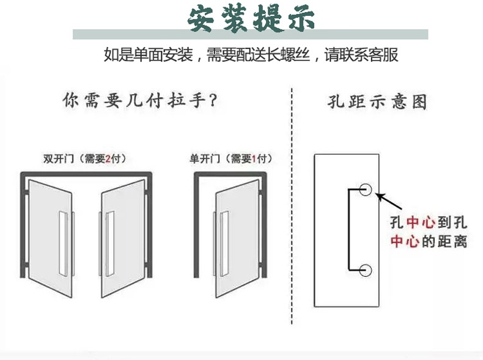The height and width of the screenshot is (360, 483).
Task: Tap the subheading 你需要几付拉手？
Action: [x=141, y=100]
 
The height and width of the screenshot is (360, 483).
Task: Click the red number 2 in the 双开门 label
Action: [x=108, y=159]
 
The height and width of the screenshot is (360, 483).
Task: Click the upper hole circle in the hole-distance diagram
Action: [x=366, y=189]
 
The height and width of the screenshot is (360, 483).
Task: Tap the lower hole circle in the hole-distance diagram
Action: [x=366, y=270]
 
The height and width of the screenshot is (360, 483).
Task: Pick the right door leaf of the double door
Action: [x=122, y=229]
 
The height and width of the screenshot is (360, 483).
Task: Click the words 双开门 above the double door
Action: [x=58, y=159]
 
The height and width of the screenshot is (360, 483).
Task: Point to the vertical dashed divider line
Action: [x=291, y=208]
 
